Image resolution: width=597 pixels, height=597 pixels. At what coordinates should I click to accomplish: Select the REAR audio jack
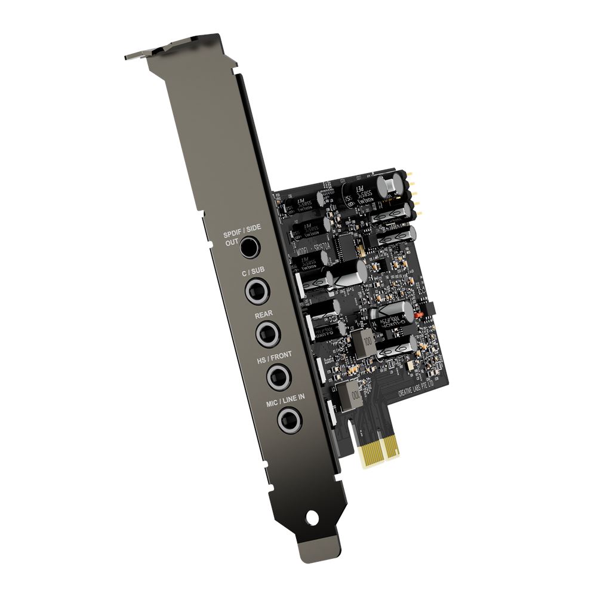(267, 333)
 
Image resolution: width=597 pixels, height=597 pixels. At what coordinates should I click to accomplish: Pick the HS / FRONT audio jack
(277, 377)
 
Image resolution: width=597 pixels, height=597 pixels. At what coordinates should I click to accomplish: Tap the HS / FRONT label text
(275, 356)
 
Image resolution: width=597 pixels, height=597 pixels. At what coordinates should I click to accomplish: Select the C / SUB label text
(253, 272)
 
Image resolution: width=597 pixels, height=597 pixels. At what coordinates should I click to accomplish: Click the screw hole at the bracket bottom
(311, 514)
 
